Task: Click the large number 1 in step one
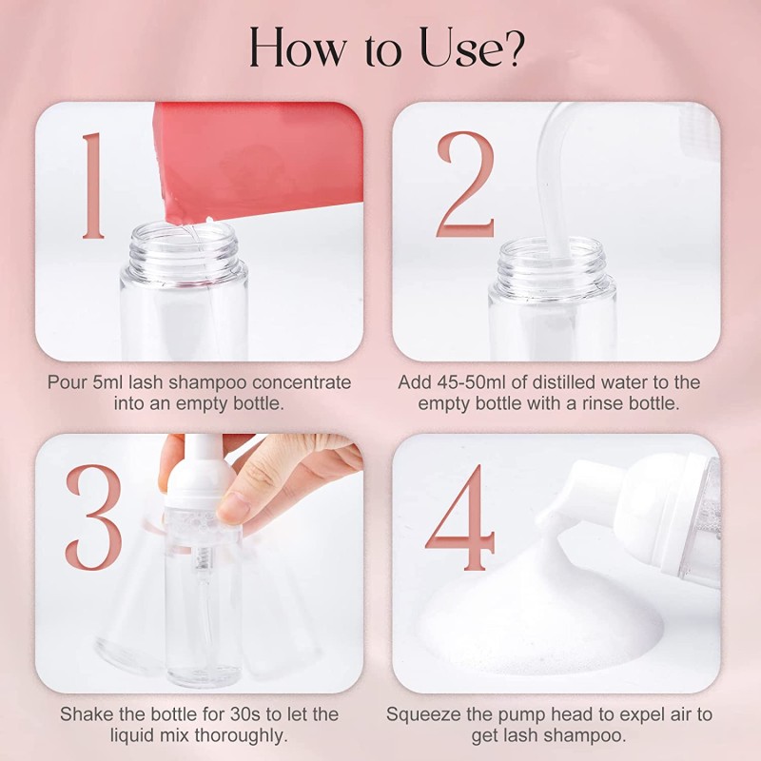pyautogui.click(x=93, y=185)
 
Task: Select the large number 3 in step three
pyautogui.click(x=93, y=517)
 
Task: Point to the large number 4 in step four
pyautogui.click(x=459, y=518)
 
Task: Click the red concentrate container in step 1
pyautogui.click(x=257, y=157)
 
